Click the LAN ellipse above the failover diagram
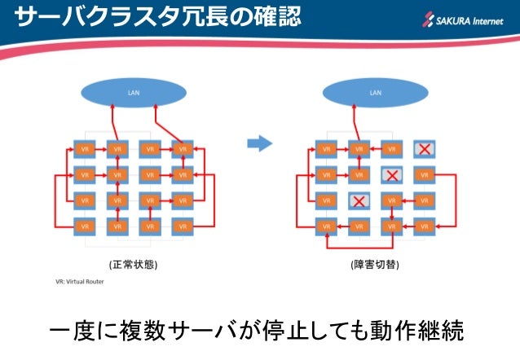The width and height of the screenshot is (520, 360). click(375, 92)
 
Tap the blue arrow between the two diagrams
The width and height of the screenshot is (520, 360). click(258, 143)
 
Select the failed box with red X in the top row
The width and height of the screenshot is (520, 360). click(423, 149)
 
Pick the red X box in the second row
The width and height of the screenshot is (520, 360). click(391, 174)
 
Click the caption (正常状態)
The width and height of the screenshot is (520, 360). click(133, 264)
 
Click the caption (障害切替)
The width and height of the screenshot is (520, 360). click(375, 264)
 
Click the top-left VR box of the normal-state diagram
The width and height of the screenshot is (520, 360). click(86, 149)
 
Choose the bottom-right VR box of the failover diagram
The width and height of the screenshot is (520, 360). click(423, 225)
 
